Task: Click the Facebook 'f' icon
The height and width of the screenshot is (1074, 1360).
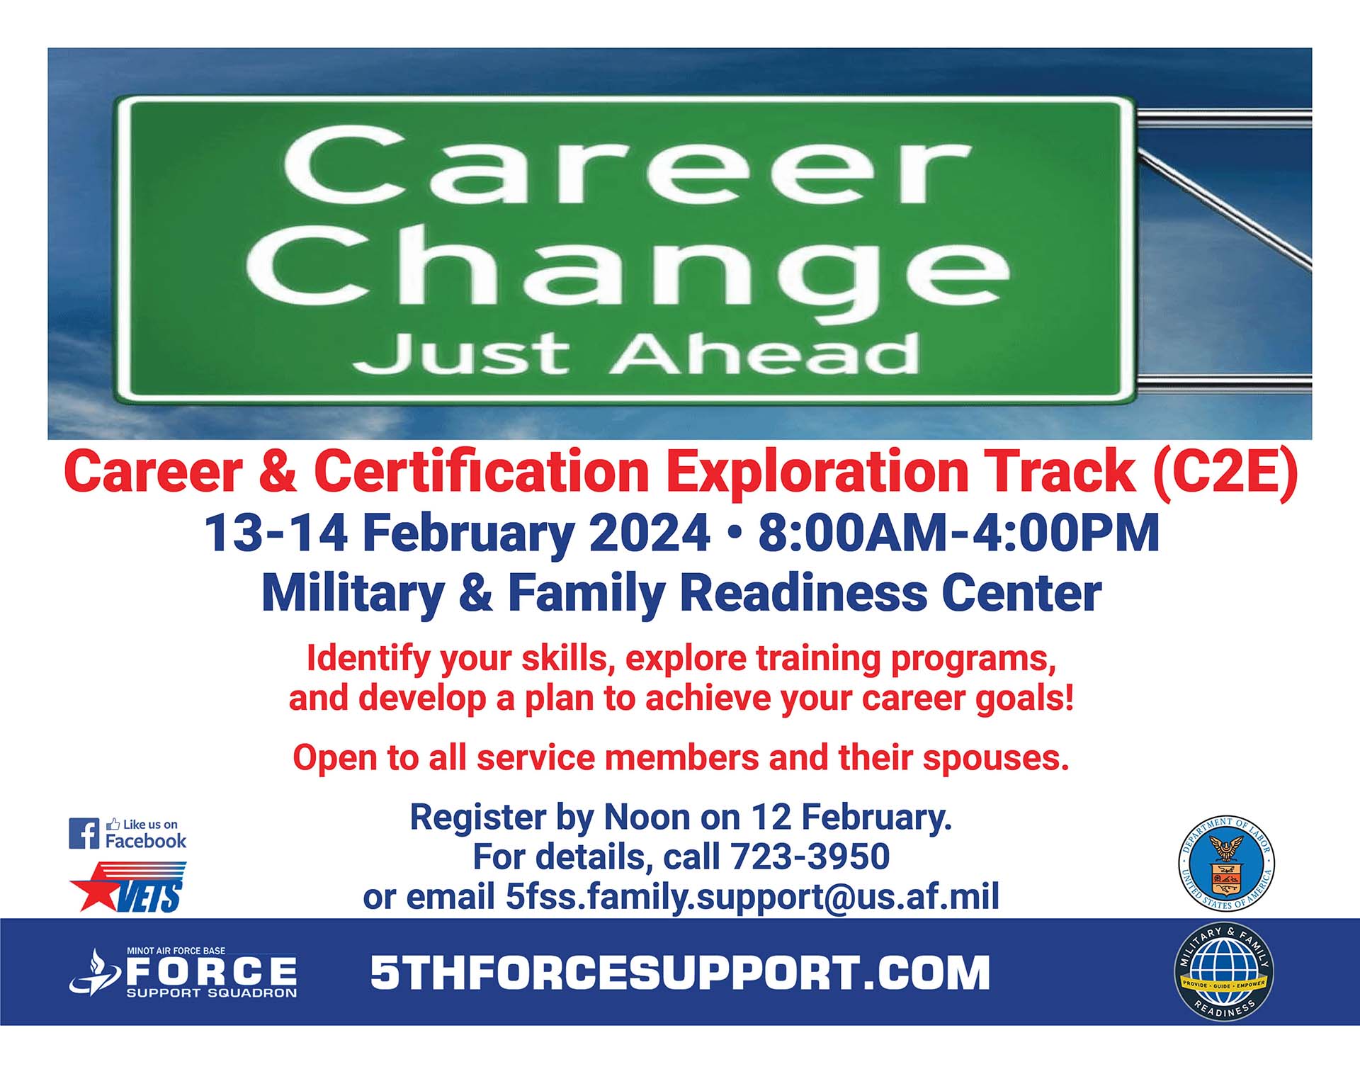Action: tap(84, 833)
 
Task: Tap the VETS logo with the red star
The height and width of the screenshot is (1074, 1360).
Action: tap(128, 886)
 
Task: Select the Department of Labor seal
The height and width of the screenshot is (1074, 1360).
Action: tap(1225, 862)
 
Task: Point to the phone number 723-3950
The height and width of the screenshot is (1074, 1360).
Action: tap(810, 857)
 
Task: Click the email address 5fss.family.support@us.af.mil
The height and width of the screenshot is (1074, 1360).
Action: tap(752, 896)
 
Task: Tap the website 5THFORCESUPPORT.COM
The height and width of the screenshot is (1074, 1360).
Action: tap(680, 972)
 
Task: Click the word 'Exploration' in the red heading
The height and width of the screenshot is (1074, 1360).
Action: tap(817, 472)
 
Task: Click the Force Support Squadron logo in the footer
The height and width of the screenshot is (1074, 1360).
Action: tap(183, 973)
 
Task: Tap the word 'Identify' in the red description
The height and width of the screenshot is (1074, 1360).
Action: tap(368, 660)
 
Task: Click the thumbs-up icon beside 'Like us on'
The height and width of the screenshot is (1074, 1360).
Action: tap(113, 824)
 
